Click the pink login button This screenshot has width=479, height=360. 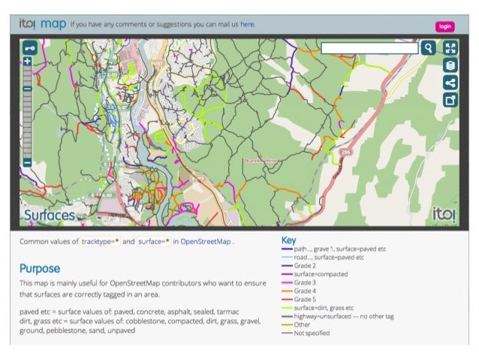pos(445,26)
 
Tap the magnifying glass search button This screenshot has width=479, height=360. pos(428,48)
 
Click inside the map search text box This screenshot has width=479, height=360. pos(369,48)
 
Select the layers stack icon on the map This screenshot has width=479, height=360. pos(450,65)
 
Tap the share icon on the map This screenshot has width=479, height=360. pos(450,83)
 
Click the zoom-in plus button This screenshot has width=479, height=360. pos(28,61)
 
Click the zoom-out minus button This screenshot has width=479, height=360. pos(28,162)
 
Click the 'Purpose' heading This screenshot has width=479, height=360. pos(40,268)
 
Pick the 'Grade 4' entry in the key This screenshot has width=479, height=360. pos(304,291)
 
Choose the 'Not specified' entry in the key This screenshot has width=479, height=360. pos(312,332)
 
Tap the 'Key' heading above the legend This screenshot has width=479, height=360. pos(288,241)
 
